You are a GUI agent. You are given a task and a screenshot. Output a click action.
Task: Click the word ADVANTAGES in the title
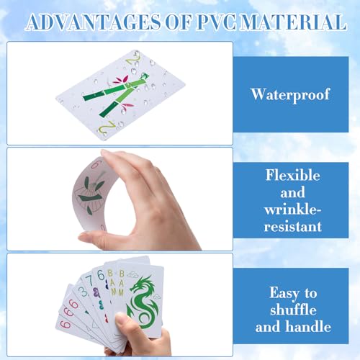pyautogui.click(x=94, y=22)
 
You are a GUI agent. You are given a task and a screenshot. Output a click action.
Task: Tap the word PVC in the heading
pyautogui.click(x=216, y=22)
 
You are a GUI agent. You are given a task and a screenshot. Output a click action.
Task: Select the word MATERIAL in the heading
pyautogui.click(x=293, y=22)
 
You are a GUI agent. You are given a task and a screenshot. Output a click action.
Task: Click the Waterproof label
pyautogui.click(x=291, y=95)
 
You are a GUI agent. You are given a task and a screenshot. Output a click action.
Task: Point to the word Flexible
pyautogui.click(x=293, y=175)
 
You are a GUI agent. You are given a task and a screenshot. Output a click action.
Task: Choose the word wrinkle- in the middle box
pyautogui.click(x=293, y=210)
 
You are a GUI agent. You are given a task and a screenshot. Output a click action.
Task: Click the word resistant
pyautogui.click(x=293, y=227)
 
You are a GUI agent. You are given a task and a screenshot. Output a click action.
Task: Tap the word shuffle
pyautogui.click(x=293, y=310)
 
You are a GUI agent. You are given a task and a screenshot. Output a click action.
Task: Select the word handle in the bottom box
pyautogui.click(x=309, y=326)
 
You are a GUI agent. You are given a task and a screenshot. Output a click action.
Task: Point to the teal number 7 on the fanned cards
pyautogui.click(x=89, y=280)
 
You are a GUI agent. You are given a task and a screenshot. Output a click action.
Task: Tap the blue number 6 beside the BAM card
pyautogui.click(x=101, y=275)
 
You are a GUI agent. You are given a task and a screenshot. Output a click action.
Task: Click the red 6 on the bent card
pyautogui.click(x=96, y=164)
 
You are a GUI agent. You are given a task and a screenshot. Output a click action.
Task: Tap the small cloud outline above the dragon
pyautogui.click(x=132, y=274)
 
